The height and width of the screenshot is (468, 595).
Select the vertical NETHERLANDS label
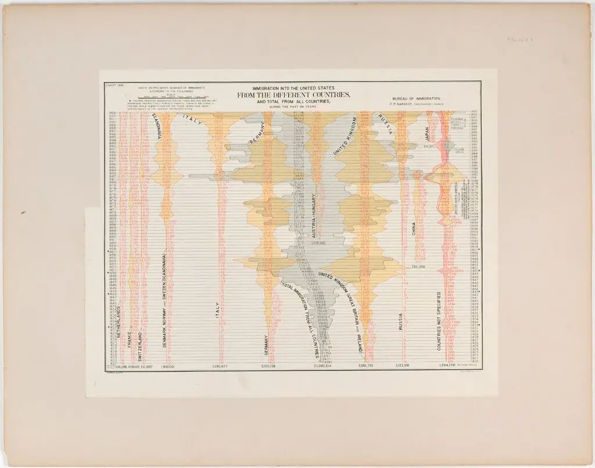[x=118, y=327]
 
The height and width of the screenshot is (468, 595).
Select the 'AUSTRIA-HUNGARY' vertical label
[x=314, y=216]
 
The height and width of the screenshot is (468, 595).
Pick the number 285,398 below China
[x=419, y=267]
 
